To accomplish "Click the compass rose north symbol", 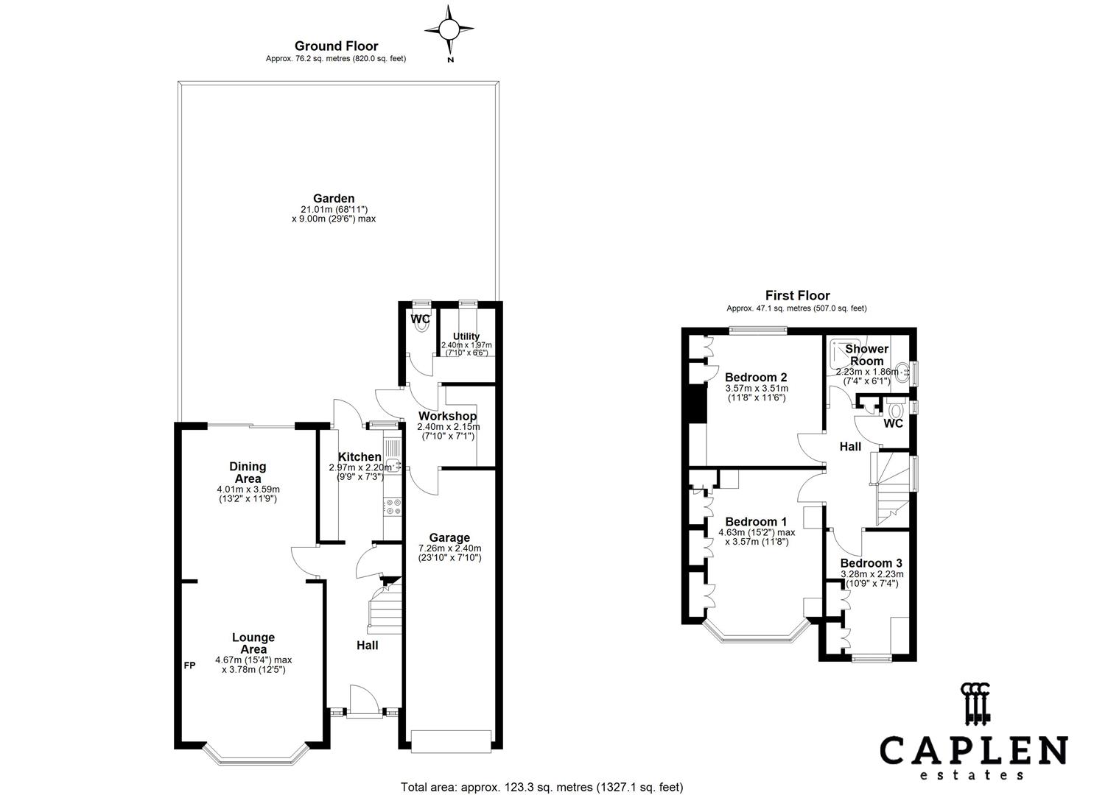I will pyautogui.click(x=449, y=30).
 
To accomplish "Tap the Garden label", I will pyautogui.click(x=334, y=198).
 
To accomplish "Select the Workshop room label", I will pyautogui.click(x=447, y=416).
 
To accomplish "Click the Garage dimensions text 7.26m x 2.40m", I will pyautogui.click(x=449, y=548).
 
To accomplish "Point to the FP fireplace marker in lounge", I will pyautogui.click(x=189, y=666).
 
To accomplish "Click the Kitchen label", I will pyautogui.click(x=360, y=457).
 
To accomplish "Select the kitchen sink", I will pyautogui.click(x=393, y=464).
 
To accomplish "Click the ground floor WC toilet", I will pyautogui.click(x=421, y=329).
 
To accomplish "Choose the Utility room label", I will pyautogui.click(x=466, y=336).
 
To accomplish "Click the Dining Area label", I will pyautogui.click(x=248, y=473).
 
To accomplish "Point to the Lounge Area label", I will pyautogui.click(x=253, y=643).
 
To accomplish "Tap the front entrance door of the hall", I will pyautogui.click(x=364, y=699).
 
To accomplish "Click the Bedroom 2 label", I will pyautogui.click(x=756, y=378).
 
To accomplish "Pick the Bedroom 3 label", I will pyautogui.click(x=872, y=563).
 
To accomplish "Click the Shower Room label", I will pyautogui.click(x=866, y=355).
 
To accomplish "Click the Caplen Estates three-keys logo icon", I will pyautogui.click(x=974, y=701).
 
